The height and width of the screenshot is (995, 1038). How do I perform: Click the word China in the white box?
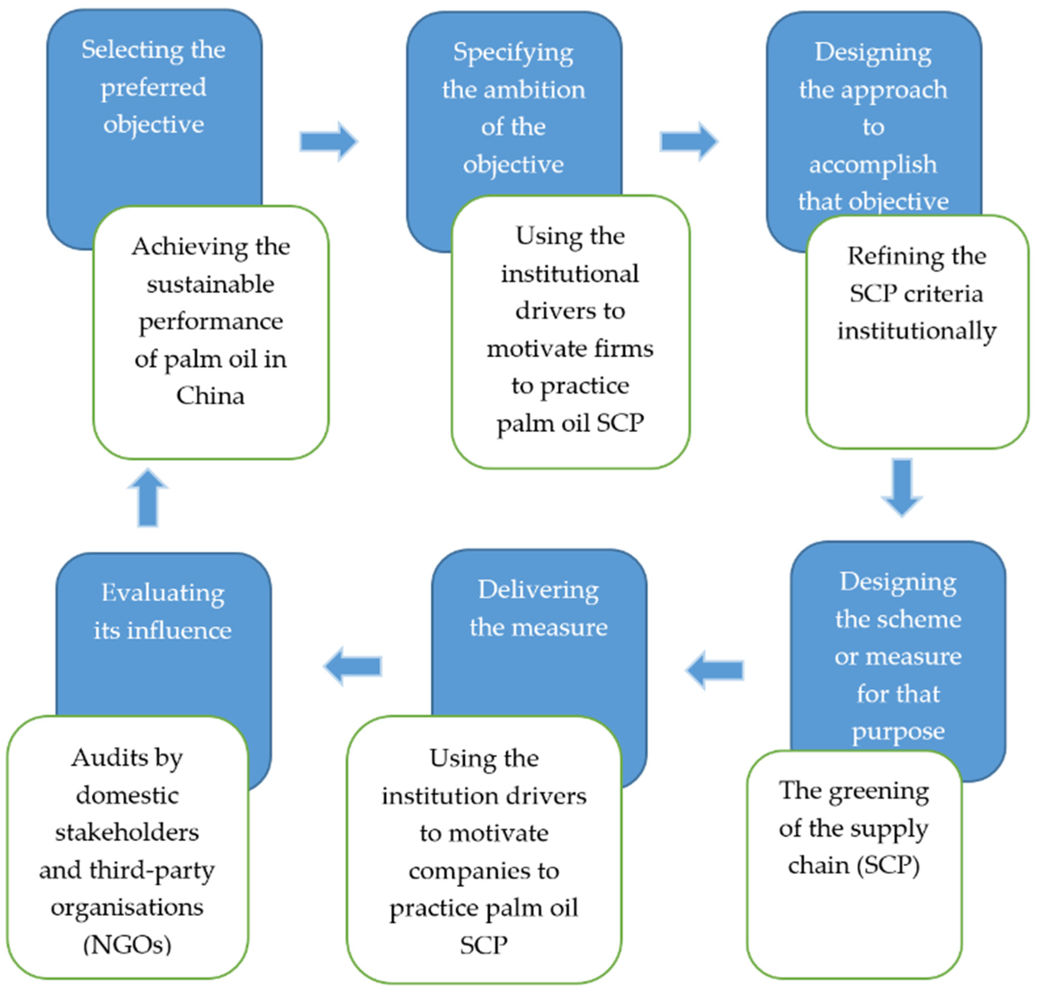coord(210,396)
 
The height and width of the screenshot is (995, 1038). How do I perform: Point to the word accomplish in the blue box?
coord(873,164)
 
